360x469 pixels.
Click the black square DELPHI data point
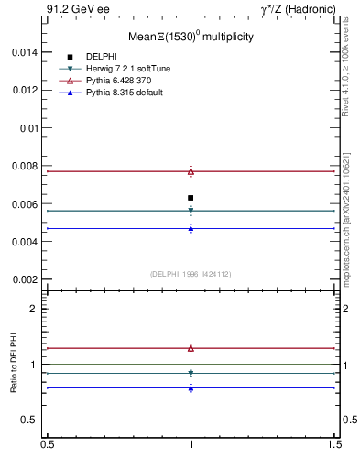(191, 198)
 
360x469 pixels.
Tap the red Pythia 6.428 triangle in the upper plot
(191, 171)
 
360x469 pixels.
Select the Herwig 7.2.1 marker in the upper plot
(191, 211)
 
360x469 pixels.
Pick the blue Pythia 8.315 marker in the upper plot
(191, 228)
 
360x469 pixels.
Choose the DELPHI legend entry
(101, 57)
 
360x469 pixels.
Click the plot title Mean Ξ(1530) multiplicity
(191, 37)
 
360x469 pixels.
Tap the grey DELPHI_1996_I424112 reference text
(190, 273)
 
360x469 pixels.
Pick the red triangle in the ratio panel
(191, 348)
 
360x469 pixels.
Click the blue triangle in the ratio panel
(191, 388)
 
